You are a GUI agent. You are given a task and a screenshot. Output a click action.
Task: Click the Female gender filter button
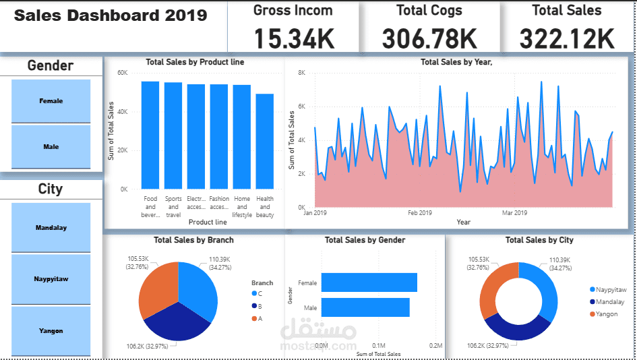click(51, 101)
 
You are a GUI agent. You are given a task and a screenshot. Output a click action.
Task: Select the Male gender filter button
click(51, 146)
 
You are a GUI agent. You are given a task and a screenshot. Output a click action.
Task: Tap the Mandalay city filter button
click(51, 228)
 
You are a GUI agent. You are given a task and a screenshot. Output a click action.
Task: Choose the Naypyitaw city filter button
click(51, 278)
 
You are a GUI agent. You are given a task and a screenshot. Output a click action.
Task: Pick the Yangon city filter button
click(51, 330)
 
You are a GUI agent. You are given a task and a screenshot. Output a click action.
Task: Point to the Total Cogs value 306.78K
click(429, 38)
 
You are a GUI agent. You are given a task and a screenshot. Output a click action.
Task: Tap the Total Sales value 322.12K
click(567, 38)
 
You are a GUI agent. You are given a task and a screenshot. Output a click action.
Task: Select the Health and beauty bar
click(265, 142)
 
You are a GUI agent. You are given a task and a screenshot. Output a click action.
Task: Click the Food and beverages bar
click(150, 135)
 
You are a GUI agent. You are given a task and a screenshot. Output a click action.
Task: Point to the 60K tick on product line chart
click(123, 73)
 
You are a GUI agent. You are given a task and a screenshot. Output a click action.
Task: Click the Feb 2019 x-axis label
click(420, 213)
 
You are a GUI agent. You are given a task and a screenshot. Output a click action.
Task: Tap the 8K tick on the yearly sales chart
click(301, 73)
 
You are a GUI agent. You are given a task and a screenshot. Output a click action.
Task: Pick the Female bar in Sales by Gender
click(369, 282)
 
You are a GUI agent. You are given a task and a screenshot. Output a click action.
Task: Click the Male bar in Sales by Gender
click(365, 307)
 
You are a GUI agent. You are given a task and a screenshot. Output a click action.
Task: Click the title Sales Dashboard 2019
click(110, 16)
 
